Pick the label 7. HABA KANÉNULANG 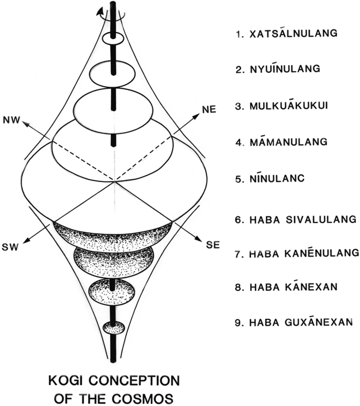[x=297, y=253]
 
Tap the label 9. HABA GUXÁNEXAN [x=293, y=322]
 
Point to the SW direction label [x=11, y=247]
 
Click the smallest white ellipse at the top [x=112, y=38]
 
